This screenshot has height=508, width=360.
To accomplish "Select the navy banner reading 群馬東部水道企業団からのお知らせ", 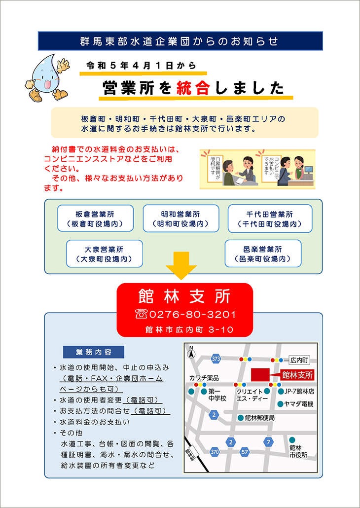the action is pyautogui.click(x=180, y=41).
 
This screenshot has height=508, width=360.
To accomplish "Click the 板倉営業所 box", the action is pyautogui.click(x=95, y=218).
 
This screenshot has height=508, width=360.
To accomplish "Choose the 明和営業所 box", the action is pyautogui.click(x=181, y=218).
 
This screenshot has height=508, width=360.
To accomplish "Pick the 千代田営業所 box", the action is pyautogui.click(x=270, y=218).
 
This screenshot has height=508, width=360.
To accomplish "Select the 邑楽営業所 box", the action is pyautogui.click(x=263, y=254).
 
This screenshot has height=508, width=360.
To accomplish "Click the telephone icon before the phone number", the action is pyautogui.click(x=142, y=314).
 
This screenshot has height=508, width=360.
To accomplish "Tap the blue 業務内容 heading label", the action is pyautogui.click(x=94, y=352).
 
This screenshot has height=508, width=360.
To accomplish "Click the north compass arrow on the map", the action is pyautogui.click(x=191, y=353).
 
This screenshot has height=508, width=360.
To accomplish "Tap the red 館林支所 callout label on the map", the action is pyautogui.click(x=297, y=375).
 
